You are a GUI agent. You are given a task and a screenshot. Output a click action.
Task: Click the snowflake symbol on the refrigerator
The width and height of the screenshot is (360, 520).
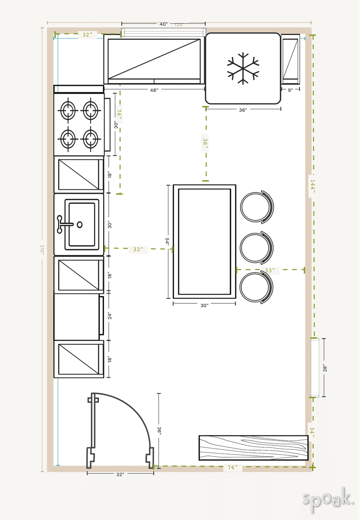point(243,68)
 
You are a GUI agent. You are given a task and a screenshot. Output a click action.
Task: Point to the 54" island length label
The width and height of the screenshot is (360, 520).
point(167,242)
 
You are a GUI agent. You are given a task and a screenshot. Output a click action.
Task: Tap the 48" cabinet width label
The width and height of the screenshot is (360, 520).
point(154,90)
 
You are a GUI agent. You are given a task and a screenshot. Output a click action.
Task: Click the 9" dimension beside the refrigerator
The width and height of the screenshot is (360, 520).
point(290,90)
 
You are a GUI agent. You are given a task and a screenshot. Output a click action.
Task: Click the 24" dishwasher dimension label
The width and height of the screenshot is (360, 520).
point(109,316)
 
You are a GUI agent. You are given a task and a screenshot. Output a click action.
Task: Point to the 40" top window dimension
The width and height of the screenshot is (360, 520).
point(163,24)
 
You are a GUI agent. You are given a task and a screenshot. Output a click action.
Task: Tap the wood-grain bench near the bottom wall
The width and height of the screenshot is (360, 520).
point(253,448)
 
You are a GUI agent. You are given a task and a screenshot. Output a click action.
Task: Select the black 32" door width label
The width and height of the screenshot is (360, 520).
point(120,474)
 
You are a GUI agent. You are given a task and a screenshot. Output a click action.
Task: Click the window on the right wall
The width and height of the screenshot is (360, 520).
point(315,367)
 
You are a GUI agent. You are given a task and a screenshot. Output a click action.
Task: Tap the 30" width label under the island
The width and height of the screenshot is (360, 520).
point(204,305)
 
